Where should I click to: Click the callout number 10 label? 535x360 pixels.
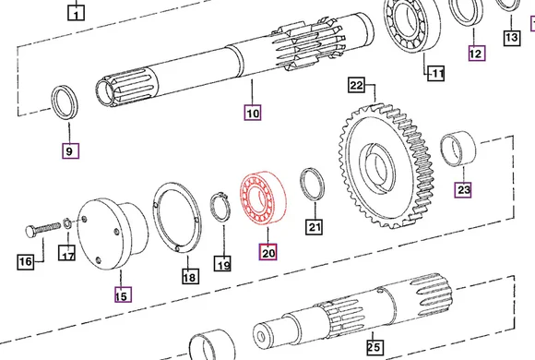(253, 114)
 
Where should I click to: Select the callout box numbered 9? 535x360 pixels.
(70, 150)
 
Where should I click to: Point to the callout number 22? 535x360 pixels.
(357, 86)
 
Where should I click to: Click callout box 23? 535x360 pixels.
(464, 190)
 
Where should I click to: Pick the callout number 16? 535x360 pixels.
(26, 261)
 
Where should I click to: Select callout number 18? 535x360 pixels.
(189, 276)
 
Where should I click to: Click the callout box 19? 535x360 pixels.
(222, 266)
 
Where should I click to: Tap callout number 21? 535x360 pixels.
(315, 227)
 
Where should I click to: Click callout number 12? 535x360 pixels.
(475, 54)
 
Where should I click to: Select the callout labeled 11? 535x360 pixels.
(434, 72)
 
